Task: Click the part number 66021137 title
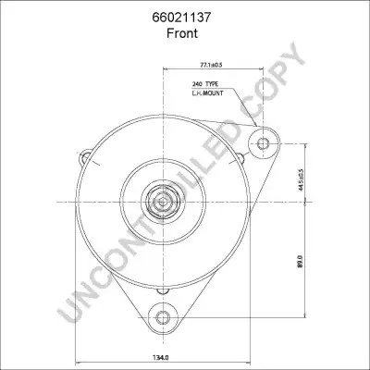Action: (181, 18)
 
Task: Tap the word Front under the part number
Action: (182, 33)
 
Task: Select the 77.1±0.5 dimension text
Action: (212, 65)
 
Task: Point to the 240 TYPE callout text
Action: (205, 84)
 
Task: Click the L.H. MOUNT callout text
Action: (207, 92)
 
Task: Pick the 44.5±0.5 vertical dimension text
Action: (301, 180)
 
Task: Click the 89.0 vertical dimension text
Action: (301, 261)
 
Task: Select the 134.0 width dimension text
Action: (161, 358)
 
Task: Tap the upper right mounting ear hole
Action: (263, 143)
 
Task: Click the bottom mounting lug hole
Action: (163, 317)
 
